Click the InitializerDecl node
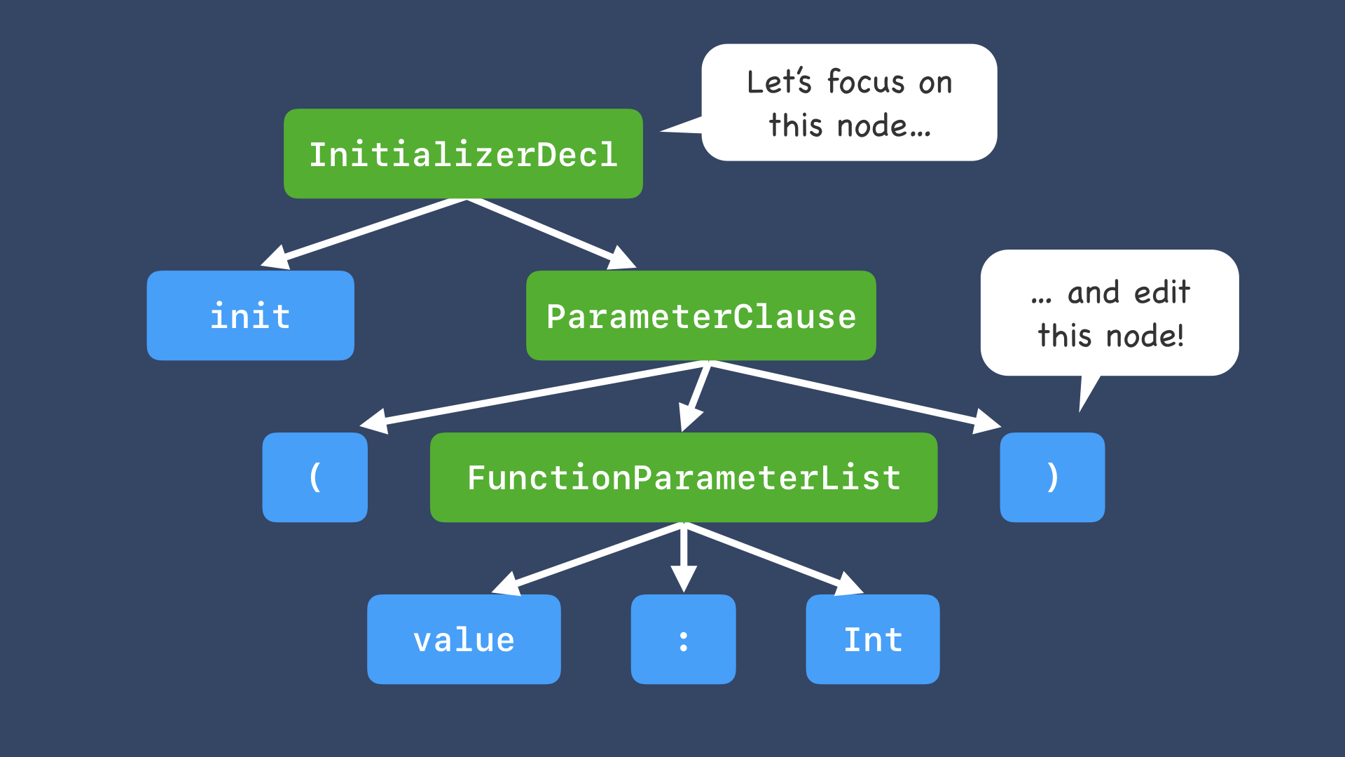pos(463,154)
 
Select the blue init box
pos(250,315)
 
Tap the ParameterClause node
pos(701,315)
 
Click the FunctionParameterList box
pos(683,477)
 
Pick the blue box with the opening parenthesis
pos(315,477)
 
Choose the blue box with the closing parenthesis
pos(1052,477)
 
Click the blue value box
pos(464,639)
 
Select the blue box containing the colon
pos(683,639)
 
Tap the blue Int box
pos(872,639)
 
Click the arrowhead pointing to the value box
pos(507,584)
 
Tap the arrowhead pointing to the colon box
pos(684,579)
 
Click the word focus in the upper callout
pos(866,83)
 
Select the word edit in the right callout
pos(1162,292)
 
